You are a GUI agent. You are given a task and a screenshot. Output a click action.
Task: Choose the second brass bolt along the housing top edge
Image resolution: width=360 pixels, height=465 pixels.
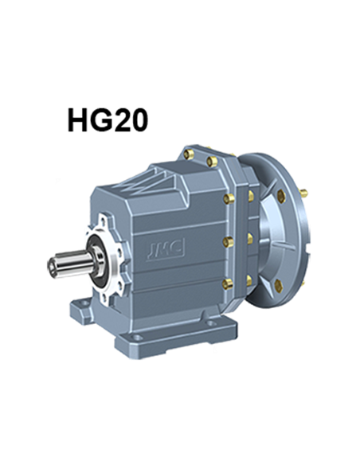coord(209,162)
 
